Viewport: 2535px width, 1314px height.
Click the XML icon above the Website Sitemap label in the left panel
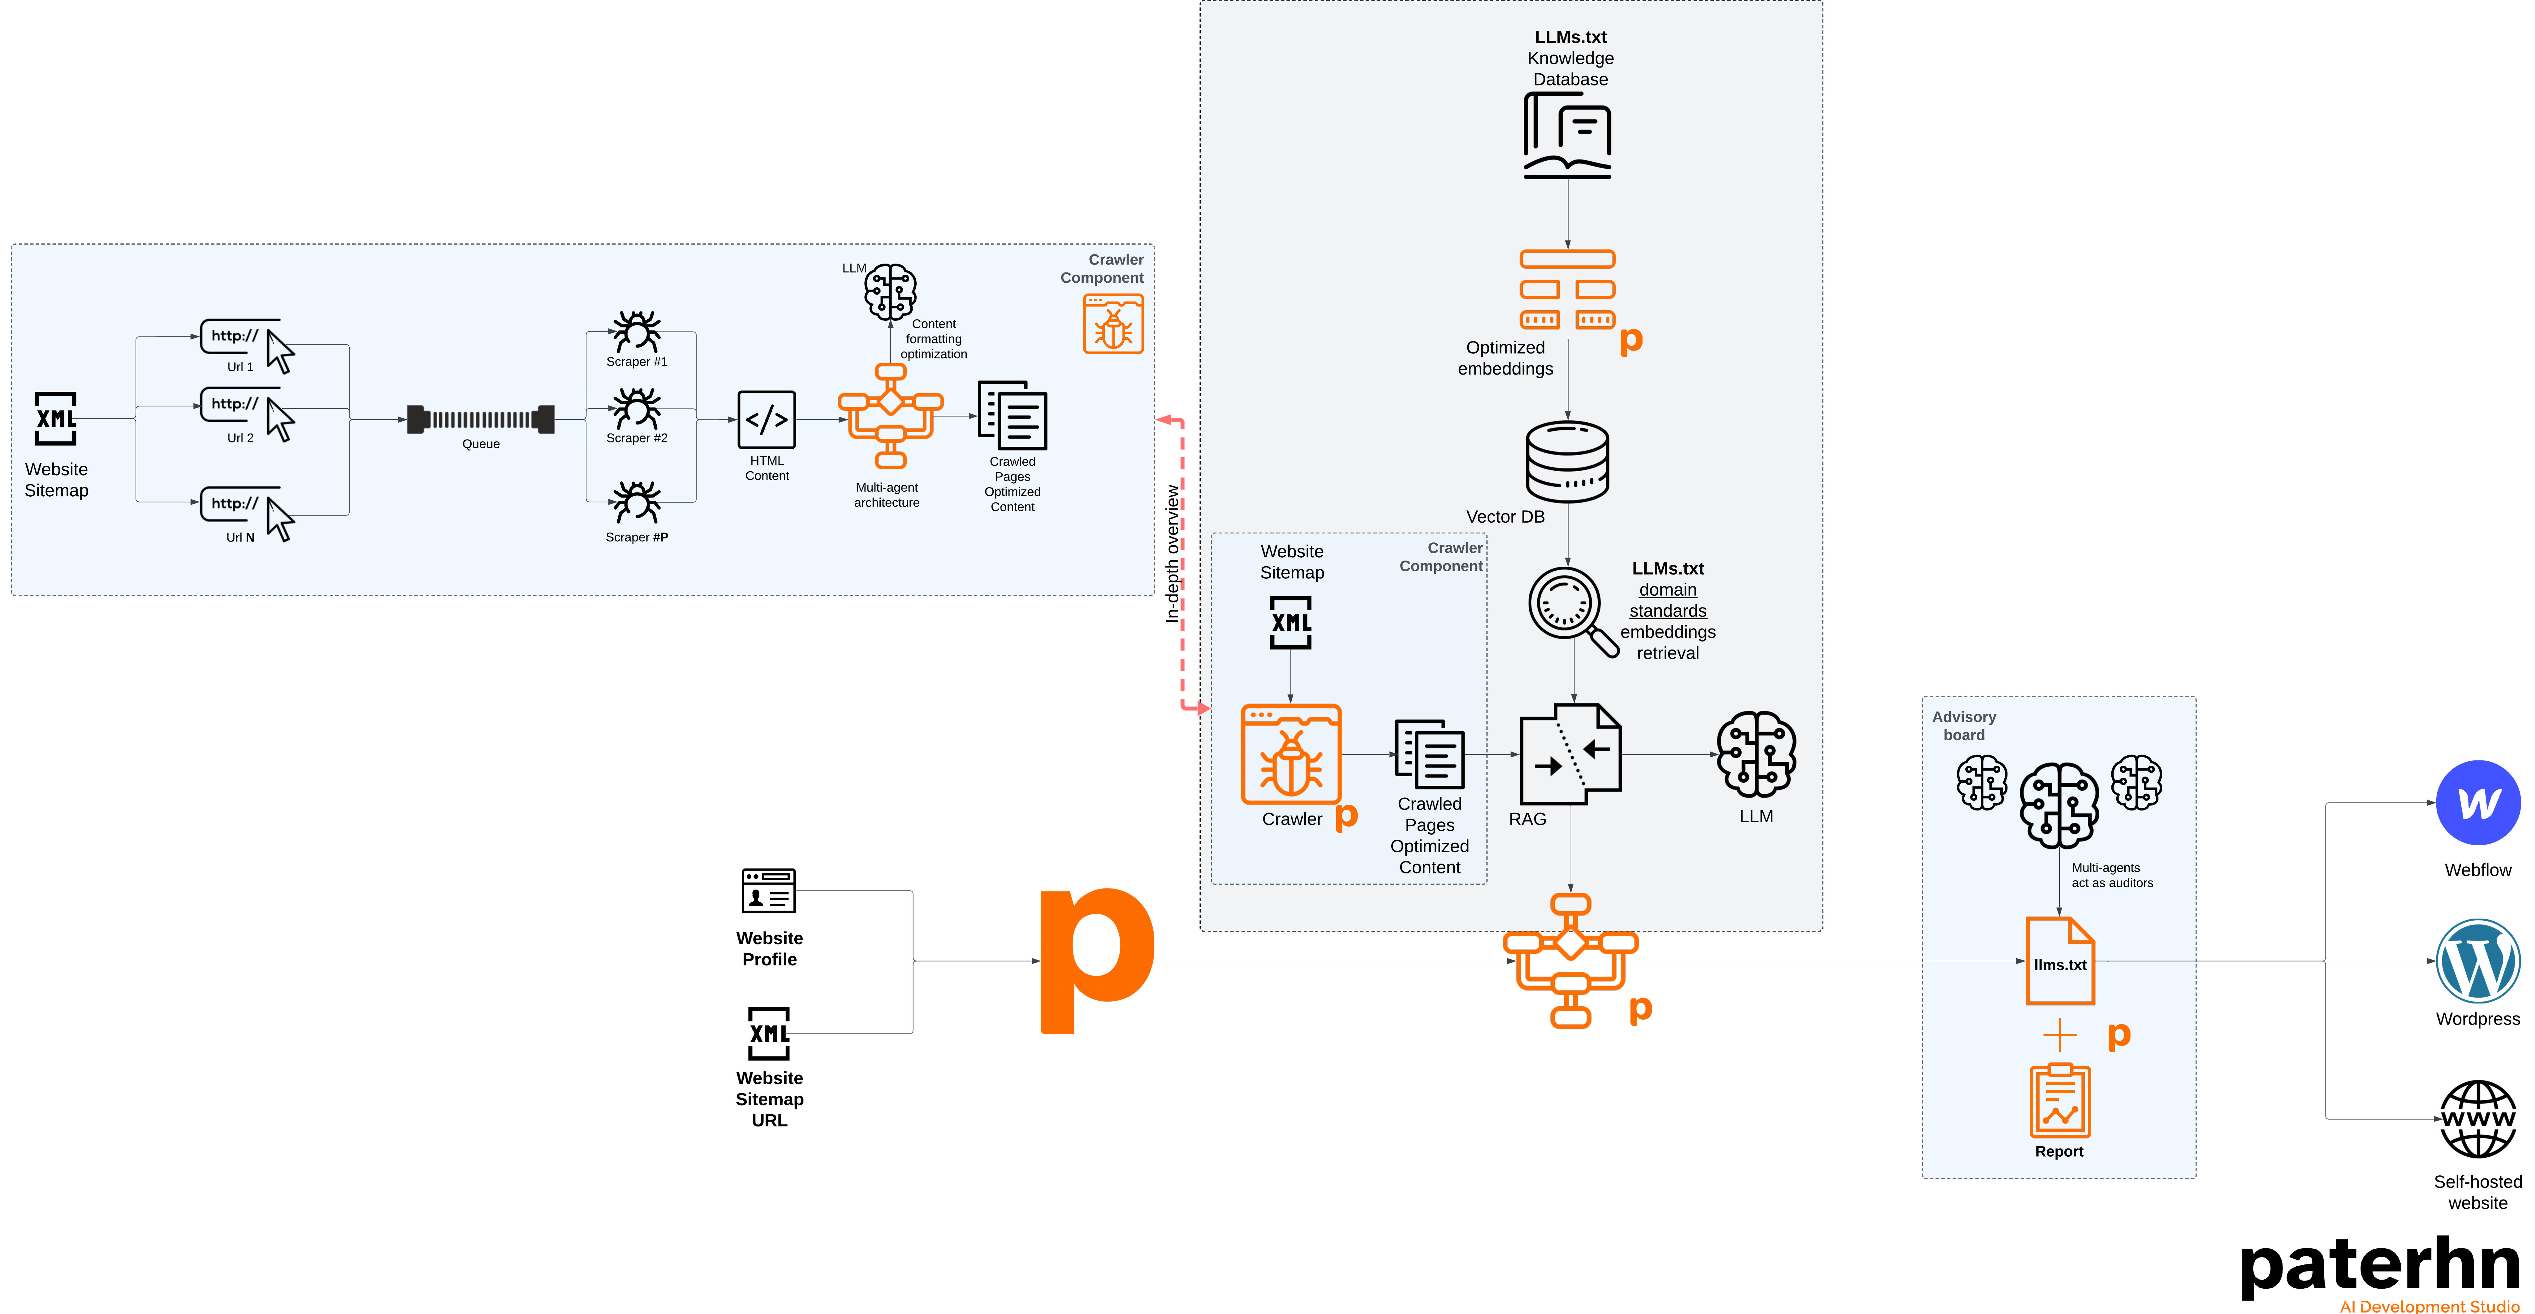click(56, 418)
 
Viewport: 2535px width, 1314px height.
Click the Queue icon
click(481, 419)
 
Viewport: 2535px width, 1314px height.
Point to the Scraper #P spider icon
click(637, 502)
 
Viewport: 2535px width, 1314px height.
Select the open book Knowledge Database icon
click(1568, 136)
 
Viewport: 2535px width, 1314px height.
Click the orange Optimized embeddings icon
click(1568, 289)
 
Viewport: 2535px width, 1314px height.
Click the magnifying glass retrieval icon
click(1572, 610)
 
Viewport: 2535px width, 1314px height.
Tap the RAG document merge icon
click(1570, 754)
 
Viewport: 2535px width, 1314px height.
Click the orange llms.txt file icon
click(2060, 962)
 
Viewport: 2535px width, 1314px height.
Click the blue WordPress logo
click(2478, 961)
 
